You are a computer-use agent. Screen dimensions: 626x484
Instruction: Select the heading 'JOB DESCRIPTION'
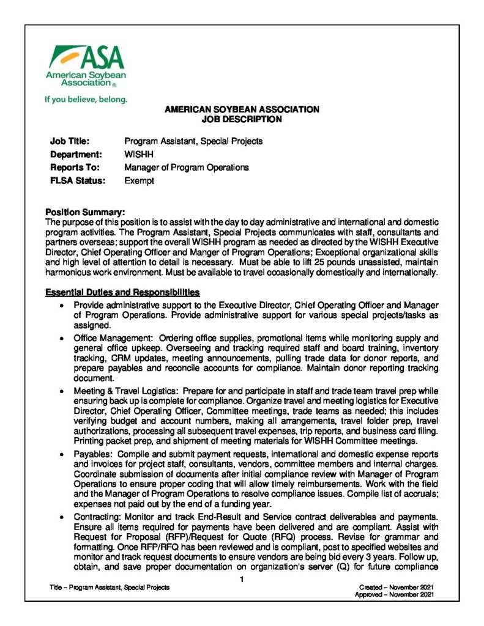(x=242, y=120)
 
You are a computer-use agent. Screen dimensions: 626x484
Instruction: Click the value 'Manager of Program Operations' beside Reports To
(x=187, y=168)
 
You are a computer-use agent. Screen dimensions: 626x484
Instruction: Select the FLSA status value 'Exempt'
(x=140, y=181)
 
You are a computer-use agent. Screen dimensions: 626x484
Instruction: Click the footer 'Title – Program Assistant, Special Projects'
(x=110, y=587)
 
